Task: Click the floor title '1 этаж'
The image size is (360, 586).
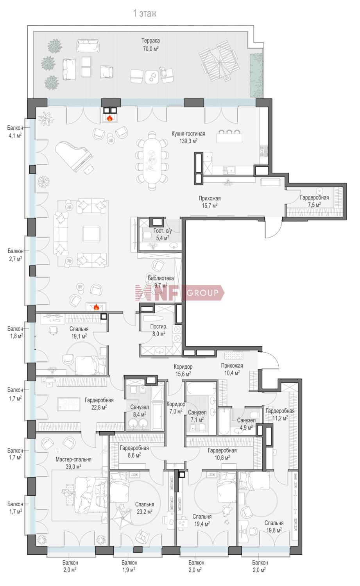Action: click(145, 13)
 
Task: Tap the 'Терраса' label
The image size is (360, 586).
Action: click(150, 41)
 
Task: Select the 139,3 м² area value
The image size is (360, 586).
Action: click(188, 141)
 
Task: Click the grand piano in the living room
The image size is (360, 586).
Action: click(74, 156)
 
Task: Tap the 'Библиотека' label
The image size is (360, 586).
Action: click(161, 278)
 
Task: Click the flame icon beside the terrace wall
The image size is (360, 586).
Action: click(110, 118)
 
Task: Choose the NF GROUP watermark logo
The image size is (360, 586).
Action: click(179, 293)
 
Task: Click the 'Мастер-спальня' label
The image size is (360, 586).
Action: click(73, 459)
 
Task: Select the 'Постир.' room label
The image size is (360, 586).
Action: click(159, 327)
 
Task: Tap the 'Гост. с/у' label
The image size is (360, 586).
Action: click(162, 231)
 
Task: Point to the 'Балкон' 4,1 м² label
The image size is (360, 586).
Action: click(15, 128)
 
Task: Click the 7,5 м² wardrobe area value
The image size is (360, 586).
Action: click(314, 205)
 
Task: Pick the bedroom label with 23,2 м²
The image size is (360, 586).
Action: click(145, 504)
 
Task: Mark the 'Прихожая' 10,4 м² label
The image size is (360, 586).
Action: click(232, 365)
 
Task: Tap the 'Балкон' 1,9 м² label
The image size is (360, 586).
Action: click(129, 563)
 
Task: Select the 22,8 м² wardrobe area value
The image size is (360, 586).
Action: click(99, 407)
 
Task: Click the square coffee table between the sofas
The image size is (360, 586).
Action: click(91, 234)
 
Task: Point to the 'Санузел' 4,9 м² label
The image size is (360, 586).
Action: click(246, 420)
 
